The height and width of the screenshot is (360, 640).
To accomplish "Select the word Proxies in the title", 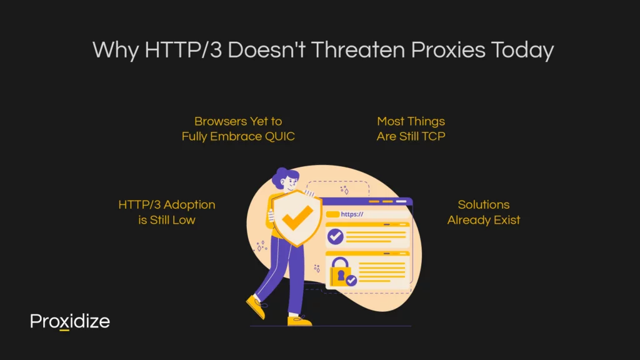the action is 447,50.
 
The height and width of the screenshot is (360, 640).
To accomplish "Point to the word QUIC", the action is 279,136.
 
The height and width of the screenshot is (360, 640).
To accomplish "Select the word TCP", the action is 434,136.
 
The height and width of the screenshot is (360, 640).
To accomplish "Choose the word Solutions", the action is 484,204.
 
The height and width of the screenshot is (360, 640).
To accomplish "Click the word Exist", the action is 507,220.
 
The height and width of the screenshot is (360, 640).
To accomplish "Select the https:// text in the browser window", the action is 352,214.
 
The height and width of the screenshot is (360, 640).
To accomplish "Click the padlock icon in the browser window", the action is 340,271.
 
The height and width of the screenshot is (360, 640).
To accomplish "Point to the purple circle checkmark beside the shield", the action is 335,236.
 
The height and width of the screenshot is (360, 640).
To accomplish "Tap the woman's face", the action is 291,182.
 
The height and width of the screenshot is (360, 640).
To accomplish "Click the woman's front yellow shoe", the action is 299,321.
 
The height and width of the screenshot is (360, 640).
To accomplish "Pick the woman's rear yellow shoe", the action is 256,307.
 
